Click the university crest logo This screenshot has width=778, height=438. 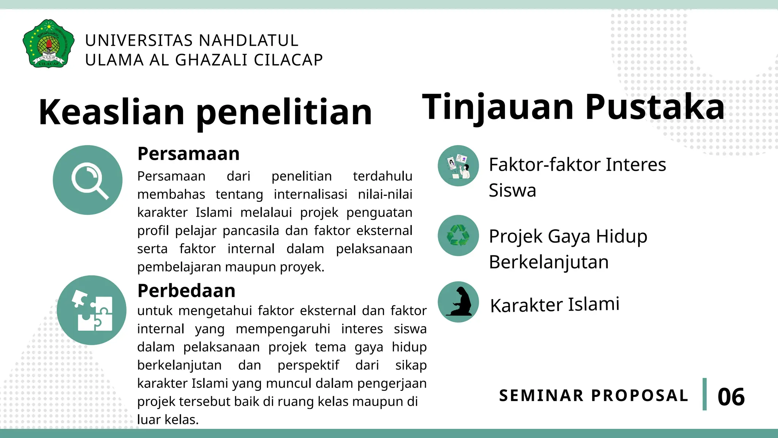click(x=49, y=44)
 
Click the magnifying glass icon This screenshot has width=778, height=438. click(x=88, y=180)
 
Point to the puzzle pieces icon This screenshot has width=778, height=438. click(x=92, y=310)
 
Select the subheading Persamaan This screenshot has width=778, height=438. click(x=188, y=154)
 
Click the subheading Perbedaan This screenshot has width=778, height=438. click(x=186, y=291)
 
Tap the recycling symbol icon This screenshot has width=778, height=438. click(x=458, y=235)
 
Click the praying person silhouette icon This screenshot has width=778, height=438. click(x=458, y=302)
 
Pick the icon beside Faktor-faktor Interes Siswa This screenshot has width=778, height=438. click(x=458, y=166)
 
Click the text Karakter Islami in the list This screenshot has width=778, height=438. click(x=555, y=305)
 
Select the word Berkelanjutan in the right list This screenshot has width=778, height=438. click(x=549, y=262)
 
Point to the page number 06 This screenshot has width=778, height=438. click(x=731, y=397)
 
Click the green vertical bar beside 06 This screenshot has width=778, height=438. click(x=705, y=394)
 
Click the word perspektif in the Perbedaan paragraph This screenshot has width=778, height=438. click(x=308, y=365)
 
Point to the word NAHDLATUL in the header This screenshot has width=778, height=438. click(x=248, y=41)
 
